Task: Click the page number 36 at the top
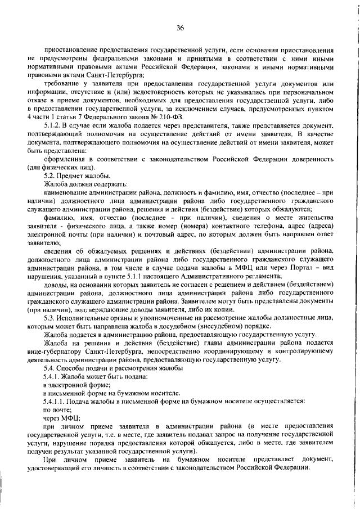[x=180, y=27]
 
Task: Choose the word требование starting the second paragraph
[x=64, y=84]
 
